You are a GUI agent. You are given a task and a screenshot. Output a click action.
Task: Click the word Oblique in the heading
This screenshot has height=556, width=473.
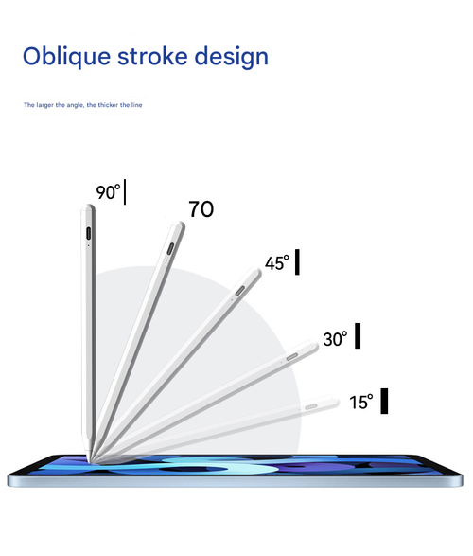point(64,56)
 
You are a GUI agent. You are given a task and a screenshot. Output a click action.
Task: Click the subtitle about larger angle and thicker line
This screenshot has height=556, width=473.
point(83,104)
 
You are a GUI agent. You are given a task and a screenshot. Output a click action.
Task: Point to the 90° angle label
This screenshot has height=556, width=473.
point(108,192)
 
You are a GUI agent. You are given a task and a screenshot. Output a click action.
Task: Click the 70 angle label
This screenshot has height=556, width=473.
point(201,209)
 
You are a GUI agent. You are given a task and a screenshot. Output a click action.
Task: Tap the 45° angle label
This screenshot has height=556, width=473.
point(276,263)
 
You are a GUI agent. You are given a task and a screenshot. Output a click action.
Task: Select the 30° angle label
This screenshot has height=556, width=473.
point(335,338)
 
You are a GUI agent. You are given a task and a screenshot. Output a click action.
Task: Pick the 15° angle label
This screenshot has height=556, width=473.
point(361,402)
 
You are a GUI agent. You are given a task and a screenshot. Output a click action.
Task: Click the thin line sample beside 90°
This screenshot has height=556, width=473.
point(125,192)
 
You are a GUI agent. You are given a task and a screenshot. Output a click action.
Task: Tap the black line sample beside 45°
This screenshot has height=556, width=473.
point(297,262)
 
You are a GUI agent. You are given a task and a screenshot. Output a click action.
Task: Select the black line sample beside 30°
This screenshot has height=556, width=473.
point(358,336)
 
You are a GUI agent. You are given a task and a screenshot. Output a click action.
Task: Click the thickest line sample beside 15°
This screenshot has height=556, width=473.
point(385,401)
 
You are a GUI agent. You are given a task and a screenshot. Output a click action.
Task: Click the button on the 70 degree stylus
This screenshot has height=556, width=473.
point(169,249)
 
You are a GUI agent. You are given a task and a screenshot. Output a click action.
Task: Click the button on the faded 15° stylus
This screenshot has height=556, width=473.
point(311,405)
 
